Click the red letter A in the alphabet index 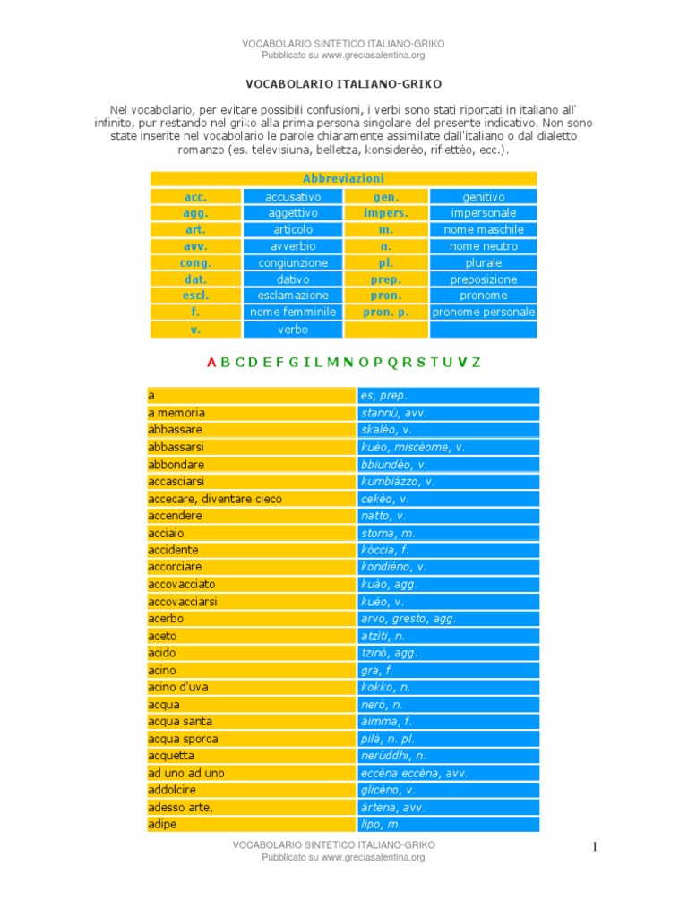click(x=211, y=363)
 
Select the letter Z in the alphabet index click(x=476, y=363)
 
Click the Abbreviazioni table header click(x=343, y=179)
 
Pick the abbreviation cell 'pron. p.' click(x=385, y=313)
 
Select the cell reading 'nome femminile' click(x=292, y=313)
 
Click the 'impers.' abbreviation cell click(x=385, y=213)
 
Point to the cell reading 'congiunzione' click(x=292, y=263)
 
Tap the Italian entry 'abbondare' click(x=176, y=465)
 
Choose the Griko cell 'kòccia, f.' click(x=385, y=550)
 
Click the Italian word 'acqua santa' click(x=180, y=722)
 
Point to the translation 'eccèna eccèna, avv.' click(x=414, y=773)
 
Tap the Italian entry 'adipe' click(x=162, y=824)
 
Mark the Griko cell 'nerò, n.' click(x=383, y=705)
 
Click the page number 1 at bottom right click(x=594, y=847)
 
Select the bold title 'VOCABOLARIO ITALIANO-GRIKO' click(x=343, y=83)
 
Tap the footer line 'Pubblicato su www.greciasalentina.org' click(x=343, y=857)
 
